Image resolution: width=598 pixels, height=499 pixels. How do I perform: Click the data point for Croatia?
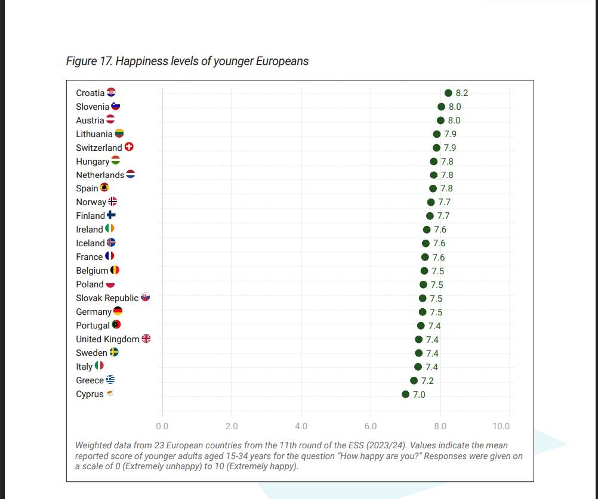tap(448, 93)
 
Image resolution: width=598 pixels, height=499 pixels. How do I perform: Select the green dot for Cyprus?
tap(406, 395)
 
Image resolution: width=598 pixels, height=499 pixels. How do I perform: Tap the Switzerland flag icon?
tap(129, 147)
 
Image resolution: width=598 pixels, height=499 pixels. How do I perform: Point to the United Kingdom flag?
tap(146, 339)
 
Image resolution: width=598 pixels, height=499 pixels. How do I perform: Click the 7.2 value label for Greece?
tap(427, 381)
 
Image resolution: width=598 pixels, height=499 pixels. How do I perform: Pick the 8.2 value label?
tap(462, 93)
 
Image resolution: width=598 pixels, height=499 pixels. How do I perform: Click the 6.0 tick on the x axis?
tap(371, 426)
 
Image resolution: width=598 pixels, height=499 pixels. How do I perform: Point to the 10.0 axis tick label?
tap(501, 426)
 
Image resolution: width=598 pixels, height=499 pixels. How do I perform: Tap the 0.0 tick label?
tap(162, 426)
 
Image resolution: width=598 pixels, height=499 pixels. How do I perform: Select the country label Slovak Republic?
tap(107, 298)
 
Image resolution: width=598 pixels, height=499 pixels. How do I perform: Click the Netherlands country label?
tap(100, 175)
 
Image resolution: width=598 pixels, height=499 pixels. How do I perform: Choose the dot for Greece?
tap(414, 381)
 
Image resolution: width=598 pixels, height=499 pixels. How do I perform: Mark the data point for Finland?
tap(430, 216)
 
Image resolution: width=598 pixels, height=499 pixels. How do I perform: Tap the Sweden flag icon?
tap(114, 352)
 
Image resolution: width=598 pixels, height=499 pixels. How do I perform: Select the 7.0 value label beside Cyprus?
tap(419, 395)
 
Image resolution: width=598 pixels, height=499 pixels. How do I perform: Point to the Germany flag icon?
tap(118, 311)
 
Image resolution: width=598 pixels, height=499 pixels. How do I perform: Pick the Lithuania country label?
tap(94, 134)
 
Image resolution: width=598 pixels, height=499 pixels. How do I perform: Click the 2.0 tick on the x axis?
tap(232, 426)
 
